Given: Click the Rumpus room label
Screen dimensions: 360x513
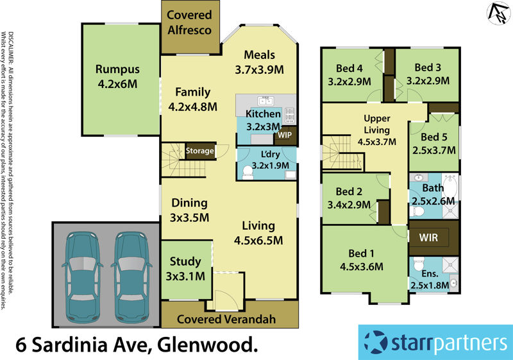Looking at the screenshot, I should [x=118, y=76].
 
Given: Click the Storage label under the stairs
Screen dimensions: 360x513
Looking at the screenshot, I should [x=199, y=151].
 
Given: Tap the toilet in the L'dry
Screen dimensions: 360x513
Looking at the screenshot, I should [x=248, y=171].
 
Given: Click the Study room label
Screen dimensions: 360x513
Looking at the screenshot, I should [x=186, y=269].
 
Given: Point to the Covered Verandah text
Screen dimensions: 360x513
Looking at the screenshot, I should [x=226, y=319].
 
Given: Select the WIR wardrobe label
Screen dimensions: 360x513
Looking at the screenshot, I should [x=428, y=237].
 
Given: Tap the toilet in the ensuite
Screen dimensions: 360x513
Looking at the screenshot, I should [x=419, y=264].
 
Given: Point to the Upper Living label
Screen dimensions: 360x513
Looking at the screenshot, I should [x=376, y=130].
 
